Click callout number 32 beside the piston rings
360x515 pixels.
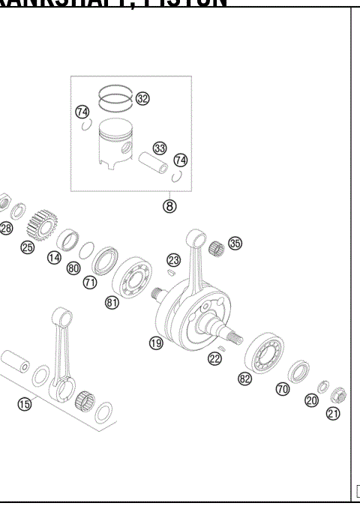[x=142, y=98]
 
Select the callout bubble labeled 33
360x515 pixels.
[x=158, y=148]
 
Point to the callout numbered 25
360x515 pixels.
[x=28, y=247]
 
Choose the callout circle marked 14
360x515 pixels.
[x=54, y=257]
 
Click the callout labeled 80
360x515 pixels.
[x=73, y=268]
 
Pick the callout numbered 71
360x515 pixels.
[x=90, y=283]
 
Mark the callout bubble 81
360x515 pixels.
[x=112, y=303]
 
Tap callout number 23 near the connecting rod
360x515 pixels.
[x=173, y=260]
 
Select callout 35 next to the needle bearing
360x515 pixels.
[x=235, y=244]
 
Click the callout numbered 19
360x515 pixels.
[x=155, y=343]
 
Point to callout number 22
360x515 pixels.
[x=215, y=359]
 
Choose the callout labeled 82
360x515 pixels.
[x=244, y=379]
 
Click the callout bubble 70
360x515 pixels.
[x=282, y=389]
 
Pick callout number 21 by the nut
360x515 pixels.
[x=333, y=412]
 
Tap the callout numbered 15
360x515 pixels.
[x=25, y=404]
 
